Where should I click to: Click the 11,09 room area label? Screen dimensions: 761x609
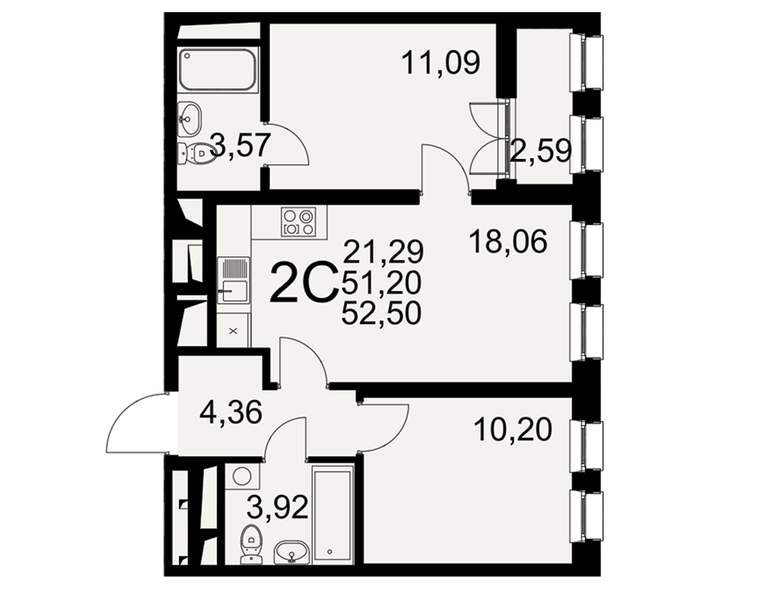(441, 63)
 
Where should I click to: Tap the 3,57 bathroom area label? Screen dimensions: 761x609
(240, 145)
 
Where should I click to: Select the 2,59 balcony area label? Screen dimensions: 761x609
(540, 151)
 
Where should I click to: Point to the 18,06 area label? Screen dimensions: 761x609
(508, 242)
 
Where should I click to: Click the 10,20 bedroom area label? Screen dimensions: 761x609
(514, 430)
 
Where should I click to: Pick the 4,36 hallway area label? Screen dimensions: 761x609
(231, 412)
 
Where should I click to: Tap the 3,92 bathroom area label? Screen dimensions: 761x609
(277, 508)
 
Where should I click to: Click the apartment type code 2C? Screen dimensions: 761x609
(304, 282)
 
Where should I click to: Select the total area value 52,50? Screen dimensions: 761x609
(381, 314)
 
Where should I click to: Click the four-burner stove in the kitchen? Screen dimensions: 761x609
(298, 222)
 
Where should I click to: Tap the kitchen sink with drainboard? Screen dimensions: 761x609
(234, 280)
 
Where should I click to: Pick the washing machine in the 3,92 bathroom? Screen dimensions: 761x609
(242, 478)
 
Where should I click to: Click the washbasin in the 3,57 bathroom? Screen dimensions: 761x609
(189, 119)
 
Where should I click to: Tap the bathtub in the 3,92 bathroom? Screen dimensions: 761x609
(333, 514)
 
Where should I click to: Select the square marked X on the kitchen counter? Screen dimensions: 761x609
(234, 331)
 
